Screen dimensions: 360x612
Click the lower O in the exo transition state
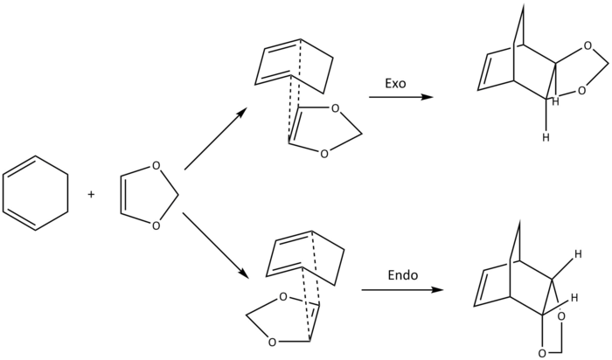pos(323,154)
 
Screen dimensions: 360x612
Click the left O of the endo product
pos(544,351)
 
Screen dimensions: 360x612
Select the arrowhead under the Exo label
pos(426,98)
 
